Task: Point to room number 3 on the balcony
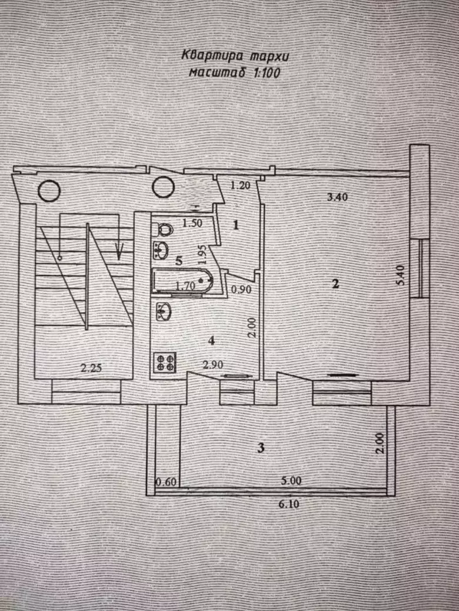[x=261, y=448]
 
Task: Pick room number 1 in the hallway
[x=235, y=224]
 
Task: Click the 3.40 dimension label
[x=337, y=197]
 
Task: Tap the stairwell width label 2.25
[x=91, y=369]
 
